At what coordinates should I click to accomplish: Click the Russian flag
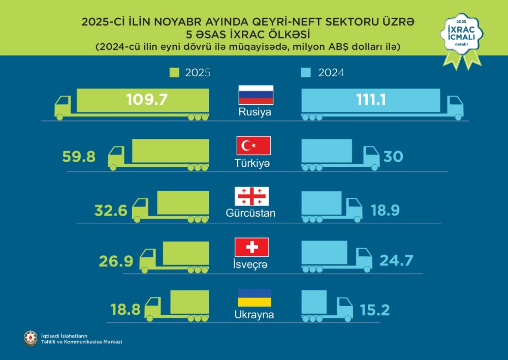coord(256,95)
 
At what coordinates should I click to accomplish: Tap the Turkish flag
coord(253,146)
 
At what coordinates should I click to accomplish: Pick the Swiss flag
coord(251,247)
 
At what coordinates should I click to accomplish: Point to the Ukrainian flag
coord(254,298)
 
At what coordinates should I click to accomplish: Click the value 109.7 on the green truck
coord(147,99)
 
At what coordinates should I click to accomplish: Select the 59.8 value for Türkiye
coord(79,157)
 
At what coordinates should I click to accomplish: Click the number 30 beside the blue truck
coord(394,157)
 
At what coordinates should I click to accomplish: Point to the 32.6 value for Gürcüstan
coord(111,209)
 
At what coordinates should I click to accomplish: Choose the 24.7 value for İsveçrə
coord(397,261)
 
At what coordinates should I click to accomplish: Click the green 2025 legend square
coord(175,73)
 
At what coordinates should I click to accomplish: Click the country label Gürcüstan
coord(250,213)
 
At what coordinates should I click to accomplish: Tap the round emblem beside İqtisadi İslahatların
coord(30,338)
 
